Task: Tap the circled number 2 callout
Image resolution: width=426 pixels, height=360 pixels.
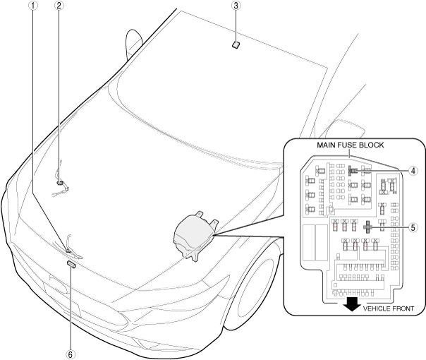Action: [x=59, y=6]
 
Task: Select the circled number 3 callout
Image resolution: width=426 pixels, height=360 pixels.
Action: [x=237, y=6]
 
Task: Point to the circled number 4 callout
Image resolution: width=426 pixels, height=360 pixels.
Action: [x=415, y=170]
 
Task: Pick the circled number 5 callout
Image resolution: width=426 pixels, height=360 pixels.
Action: [x=415, y=228]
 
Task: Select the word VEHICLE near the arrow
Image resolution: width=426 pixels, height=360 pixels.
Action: [x=379, y=309]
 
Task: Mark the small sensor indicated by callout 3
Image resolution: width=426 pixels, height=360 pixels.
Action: [x=237, y=44]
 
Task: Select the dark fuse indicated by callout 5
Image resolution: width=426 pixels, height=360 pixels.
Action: [x=367, y=228]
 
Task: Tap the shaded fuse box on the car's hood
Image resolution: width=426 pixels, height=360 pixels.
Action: [x=192, y=235]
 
